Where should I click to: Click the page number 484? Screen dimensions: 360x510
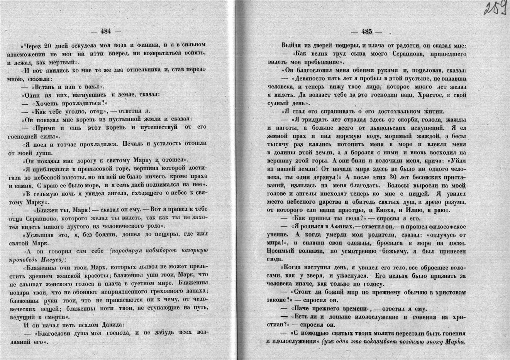click(105, 31)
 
